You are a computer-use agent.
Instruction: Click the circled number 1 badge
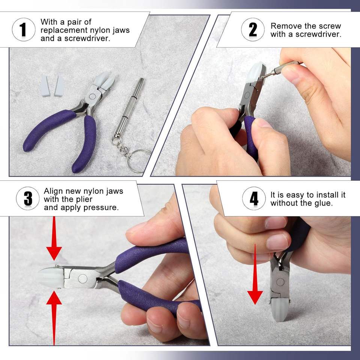pos(24,30)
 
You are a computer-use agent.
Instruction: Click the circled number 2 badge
pos(253,30)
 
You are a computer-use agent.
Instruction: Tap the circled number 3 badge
pos(28,198)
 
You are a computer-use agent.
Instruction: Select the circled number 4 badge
pos(254,198)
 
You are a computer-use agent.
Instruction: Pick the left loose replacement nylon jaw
pos(45,85)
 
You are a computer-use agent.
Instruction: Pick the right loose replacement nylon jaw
pos(60,86)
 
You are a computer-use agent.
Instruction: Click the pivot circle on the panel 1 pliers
pos(92,96)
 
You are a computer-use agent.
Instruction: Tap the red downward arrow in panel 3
pos(54,238)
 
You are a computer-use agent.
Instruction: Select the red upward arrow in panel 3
pos(54,318)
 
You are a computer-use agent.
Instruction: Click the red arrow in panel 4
pos(255,274)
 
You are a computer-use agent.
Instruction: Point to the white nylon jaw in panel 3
pos(51,277)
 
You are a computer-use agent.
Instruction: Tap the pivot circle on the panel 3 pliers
pos(82,279)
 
